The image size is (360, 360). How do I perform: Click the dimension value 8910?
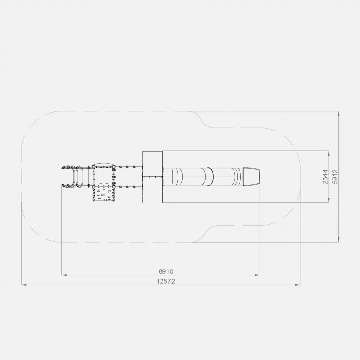click(x=166, y=271)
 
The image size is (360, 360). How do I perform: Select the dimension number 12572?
click(x=166, y=281)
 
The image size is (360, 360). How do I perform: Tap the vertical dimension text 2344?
click(x=325, y=177)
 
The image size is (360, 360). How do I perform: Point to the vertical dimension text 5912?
click(x=335, y=177)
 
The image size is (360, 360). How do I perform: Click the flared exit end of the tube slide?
click(x=252, y=177)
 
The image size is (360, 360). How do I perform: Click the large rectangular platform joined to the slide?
click(x=153, y=177)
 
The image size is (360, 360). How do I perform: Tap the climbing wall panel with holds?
click(x=103, y=194)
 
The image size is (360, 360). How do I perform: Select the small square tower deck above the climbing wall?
click(x=103, y=176)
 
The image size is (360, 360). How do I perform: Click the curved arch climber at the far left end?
click(x=72, y=177)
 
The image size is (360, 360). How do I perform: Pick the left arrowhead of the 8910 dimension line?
click(x=64, y=275)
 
